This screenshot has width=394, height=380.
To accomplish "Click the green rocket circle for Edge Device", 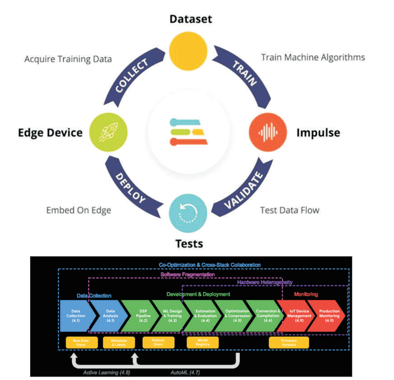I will tap(107, 132).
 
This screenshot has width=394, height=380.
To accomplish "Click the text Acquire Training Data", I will tap(68, 59).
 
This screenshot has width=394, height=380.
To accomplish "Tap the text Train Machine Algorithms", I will tap(313, 58).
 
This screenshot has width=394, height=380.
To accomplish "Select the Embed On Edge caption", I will tap(79, 210).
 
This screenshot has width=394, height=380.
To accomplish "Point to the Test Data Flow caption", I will tap(290, 210).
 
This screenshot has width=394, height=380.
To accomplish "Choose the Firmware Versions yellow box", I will tap(289, 342).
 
